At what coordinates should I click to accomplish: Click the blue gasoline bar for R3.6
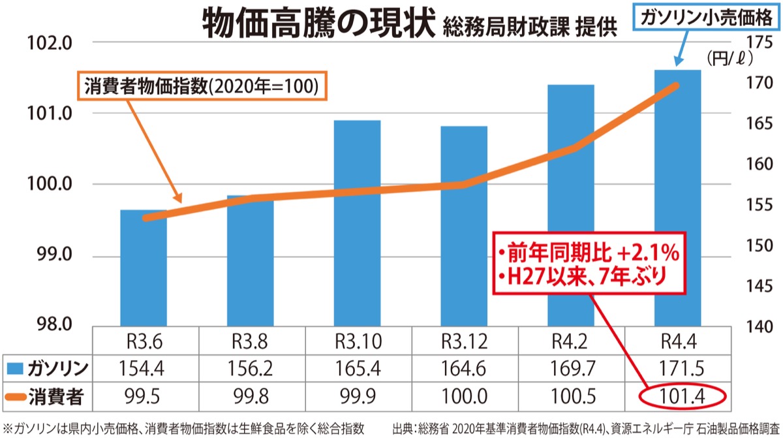click(x=143, y=268)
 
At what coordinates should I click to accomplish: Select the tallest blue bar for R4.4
click(x=677, y=196)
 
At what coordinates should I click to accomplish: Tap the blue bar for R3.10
click(x=356, y=222)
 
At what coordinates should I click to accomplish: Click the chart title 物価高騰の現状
click(x=318, y=25)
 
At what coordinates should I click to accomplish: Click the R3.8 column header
click(x=251, y=341)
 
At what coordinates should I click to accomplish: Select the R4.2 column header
click(x=570, y=341)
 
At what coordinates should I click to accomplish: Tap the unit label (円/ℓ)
click(x=729, y=59)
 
